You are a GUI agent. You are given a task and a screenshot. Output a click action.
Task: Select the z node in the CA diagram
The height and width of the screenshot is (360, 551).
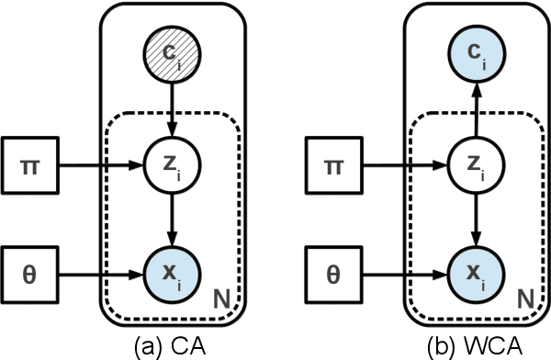point(169,169)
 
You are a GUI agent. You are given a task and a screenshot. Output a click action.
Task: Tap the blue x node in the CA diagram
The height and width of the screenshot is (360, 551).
point(169,273)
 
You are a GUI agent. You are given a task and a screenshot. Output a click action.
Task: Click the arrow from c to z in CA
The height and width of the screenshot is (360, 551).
point(169,113)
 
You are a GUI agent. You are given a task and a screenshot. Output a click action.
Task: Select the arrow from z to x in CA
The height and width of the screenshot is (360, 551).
point(169,220)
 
